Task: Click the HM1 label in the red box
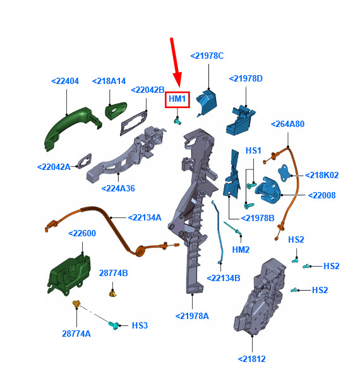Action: [x=177, y=99]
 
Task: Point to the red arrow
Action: [x=176, y=63]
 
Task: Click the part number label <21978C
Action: [x=207, y=56]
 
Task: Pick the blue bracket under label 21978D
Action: [x=241, y=120]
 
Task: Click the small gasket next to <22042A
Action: [x=85, y=161]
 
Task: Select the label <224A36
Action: [x=118, y=188]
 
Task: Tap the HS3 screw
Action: [x=114, y=325]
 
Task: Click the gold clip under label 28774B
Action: [x=113, y=293]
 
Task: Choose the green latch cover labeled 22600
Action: [x=69, y=274]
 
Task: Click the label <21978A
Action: [x=192, y=316]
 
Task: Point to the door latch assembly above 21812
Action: [x=260, y=296]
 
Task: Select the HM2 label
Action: [x=241, y=250]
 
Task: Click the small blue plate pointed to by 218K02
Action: [x=285, y=172]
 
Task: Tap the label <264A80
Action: [x=288, y=124]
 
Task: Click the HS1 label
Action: [x=253, y=150]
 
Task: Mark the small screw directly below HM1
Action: [x=177, y=121]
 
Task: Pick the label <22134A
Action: [x=145, y=217]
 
